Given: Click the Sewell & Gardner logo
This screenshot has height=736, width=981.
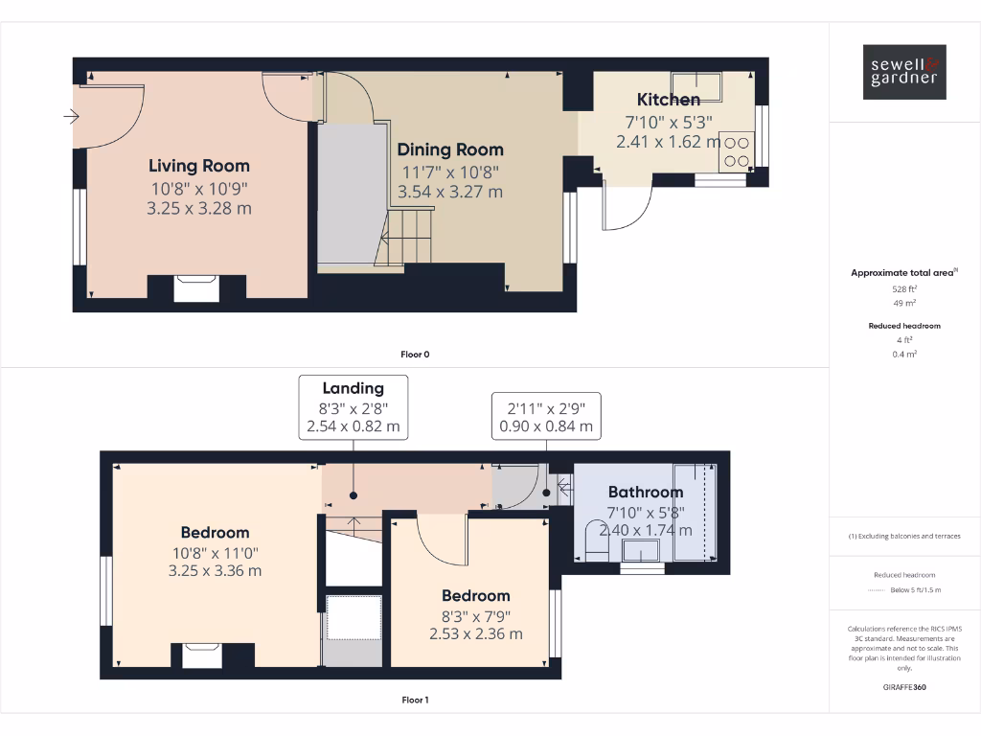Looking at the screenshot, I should pos(904,72).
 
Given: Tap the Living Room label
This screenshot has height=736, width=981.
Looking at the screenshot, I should pos(198,166).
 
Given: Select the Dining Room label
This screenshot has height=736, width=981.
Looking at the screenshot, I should pos(450,149).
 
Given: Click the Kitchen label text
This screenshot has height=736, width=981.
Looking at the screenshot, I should pos(669,100).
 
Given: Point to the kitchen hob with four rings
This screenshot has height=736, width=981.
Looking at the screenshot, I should pos(737,150).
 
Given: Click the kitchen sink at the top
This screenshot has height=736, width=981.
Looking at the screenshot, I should pos(696,80).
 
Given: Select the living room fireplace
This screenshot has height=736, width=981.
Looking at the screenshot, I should pos(196,287).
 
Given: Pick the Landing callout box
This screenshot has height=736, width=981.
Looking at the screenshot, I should pos(354,407).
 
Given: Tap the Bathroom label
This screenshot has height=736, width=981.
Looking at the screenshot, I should pos(646,493).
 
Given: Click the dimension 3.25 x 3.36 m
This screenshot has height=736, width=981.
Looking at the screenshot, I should pos(215,570).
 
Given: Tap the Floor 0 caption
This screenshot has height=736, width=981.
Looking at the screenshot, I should pos(415,355).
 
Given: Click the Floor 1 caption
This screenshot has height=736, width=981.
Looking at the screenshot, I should pos(415,700).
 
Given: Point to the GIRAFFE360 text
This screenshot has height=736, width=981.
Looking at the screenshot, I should pos(904,687).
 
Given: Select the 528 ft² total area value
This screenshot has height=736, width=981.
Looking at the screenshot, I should pos(904,288).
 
